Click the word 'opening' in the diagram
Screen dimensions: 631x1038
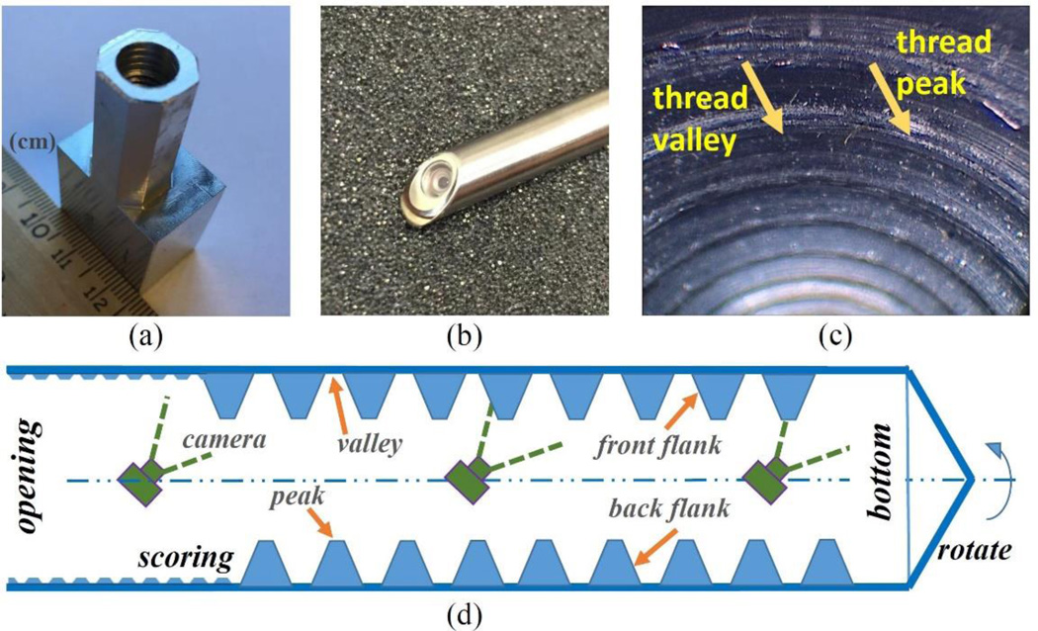click(27, 474)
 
